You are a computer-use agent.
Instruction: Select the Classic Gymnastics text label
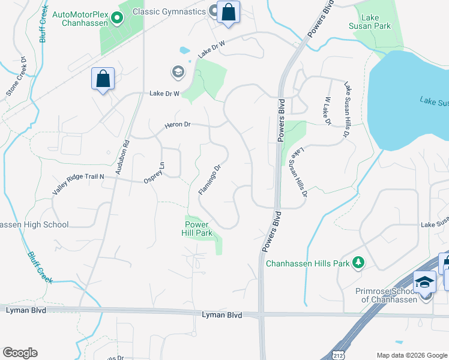[x=169, y=11]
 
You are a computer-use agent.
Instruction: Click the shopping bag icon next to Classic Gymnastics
[x=228, y=12]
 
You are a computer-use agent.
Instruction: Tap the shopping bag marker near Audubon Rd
[x=103, y=79]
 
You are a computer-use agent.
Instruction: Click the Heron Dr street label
[x=178, y=124]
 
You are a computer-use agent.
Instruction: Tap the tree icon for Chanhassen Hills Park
[x=358, y=262]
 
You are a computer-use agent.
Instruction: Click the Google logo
[x=19, y=353]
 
